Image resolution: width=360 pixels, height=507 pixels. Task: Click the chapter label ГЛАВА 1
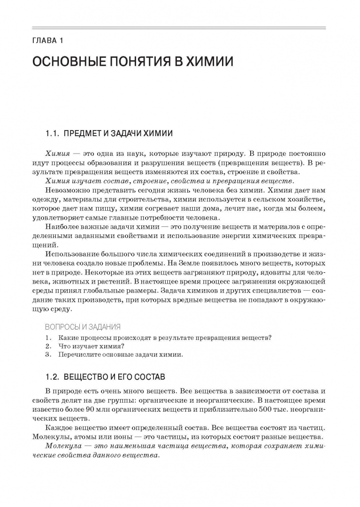[48, 40]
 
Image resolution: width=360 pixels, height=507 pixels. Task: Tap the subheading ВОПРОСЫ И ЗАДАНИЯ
[83, 327]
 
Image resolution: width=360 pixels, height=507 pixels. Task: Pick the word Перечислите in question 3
[78, 354]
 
